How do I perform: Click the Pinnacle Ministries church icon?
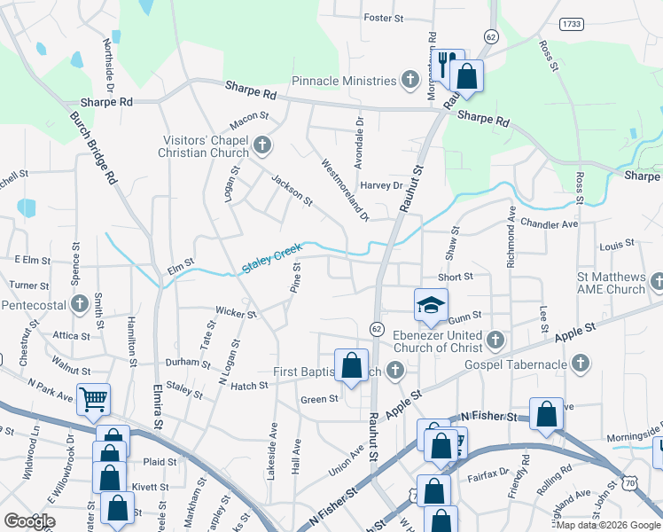click(409, 82)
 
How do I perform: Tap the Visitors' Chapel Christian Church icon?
click(261, 145)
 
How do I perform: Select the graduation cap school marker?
click(429, 306)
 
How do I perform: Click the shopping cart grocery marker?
click(93, 399)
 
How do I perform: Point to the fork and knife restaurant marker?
click(446, 62)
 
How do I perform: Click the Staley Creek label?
click(273, 258)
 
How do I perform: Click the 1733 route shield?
click(571, 23)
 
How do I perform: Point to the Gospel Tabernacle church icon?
click(580, 364)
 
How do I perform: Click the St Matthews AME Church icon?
click(657, 283)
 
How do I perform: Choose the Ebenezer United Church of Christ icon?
click(495, 340)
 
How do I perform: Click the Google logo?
click(29, 521)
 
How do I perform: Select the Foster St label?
click(384, 18)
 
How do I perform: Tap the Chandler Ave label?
click(549, 224)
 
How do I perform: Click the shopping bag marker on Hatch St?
click(352, 364)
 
